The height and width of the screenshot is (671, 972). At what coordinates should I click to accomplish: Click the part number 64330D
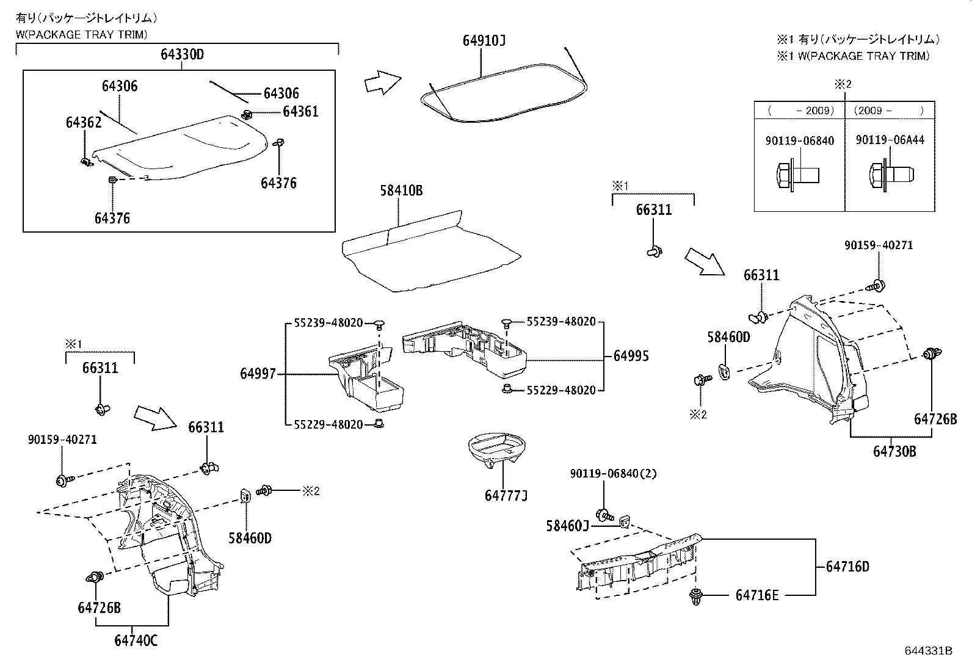182,54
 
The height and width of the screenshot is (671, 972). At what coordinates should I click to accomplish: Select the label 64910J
484,41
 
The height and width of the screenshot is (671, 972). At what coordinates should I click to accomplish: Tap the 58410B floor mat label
401,190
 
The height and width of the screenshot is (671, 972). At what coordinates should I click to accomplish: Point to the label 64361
300,112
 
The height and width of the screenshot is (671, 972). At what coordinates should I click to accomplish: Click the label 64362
84,122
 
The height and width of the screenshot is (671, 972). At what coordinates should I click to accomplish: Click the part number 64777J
506,495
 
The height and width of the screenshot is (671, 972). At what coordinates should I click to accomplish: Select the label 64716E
757,595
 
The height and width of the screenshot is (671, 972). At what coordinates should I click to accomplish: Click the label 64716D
847,567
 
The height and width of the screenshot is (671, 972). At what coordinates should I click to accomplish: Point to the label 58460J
567,526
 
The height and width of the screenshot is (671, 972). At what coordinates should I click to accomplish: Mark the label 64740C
136,640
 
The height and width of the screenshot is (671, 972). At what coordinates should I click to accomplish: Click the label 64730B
894,451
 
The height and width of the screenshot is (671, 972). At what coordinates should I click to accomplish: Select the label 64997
258,374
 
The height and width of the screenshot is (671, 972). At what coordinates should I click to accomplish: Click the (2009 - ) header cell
890,111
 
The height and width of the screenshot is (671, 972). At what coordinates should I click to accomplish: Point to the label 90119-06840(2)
614,473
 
